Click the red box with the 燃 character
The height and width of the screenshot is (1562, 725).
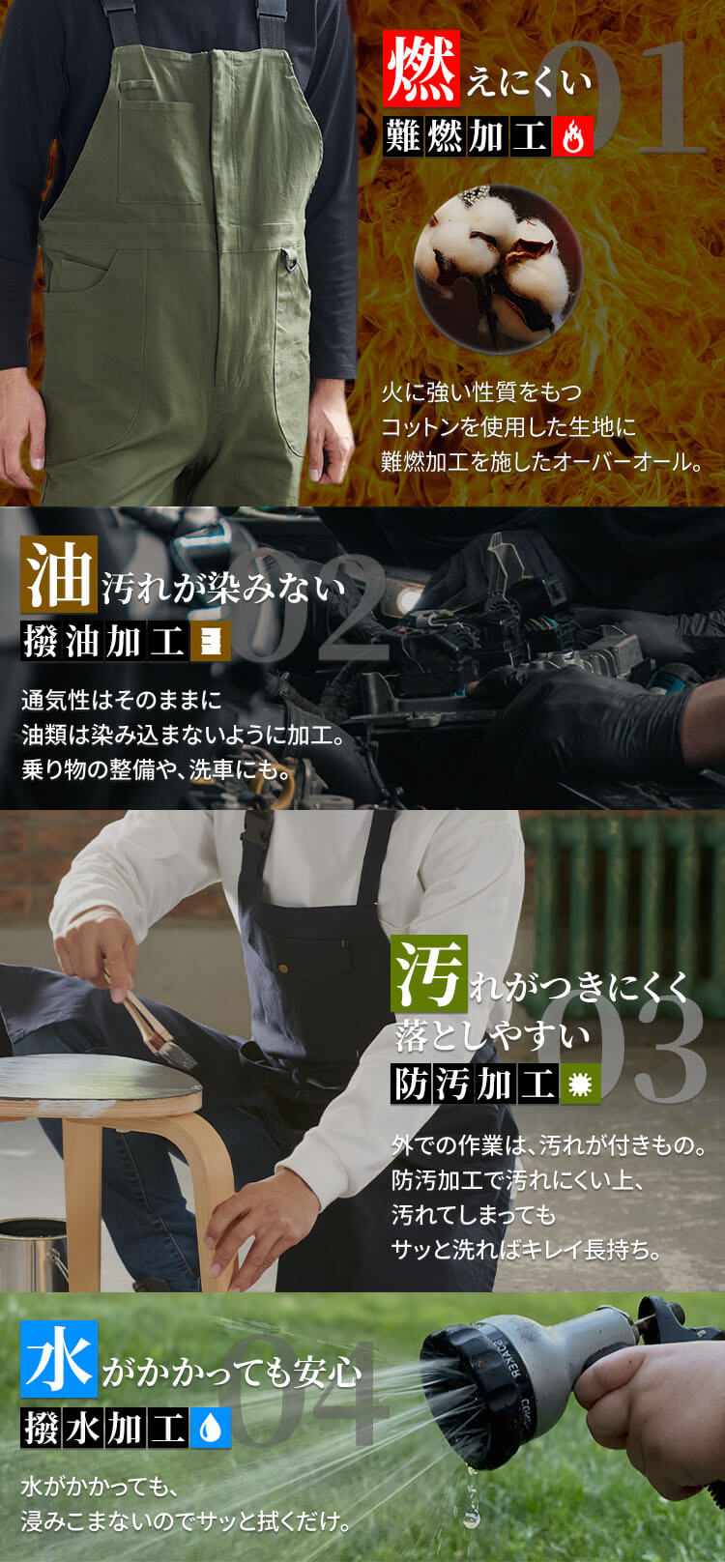click(x=421, y=68)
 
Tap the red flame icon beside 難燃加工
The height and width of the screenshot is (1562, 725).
click(x=573, y=135)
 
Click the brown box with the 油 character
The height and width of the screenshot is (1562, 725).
click(x=59, y=574)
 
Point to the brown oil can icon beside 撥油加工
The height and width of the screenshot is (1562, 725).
click(x=211, y=641)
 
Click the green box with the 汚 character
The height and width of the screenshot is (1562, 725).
click(x=429, y=972)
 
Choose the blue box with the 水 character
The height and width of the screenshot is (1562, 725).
click(x=59, y=1358)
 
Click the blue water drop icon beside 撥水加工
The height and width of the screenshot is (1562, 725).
click(x=211, y=1428)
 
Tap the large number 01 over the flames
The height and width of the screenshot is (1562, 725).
click(x=617, y=98)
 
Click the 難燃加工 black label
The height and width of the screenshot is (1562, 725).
click(x=467, y=135)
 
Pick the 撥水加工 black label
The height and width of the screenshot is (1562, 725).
click(x=104, y=1428)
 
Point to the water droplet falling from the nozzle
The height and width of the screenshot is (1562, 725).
click(x=472, y=1515)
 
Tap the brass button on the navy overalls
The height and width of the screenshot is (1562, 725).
click(x=283, y=968)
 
